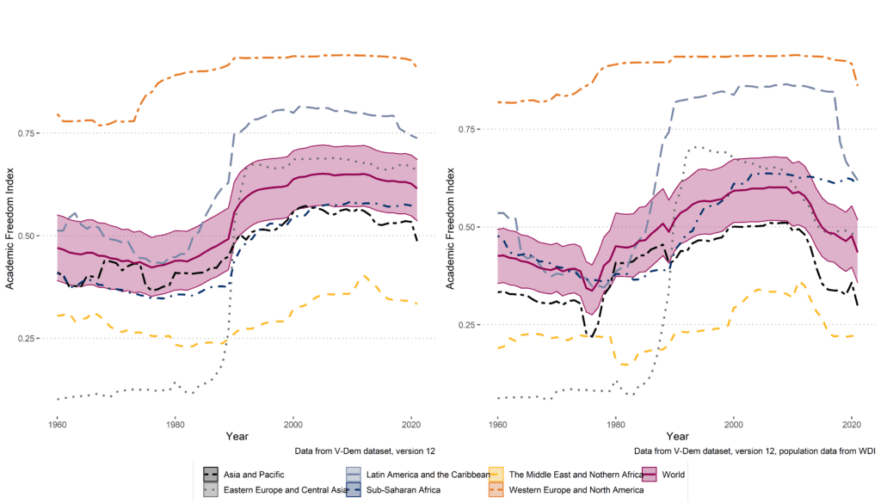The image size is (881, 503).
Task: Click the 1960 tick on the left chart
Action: click(58, 424)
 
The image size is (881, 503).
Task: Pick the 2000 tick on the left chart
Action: click(293, 424)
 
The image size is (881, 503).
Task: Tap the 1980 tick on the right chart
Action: click(616, 424)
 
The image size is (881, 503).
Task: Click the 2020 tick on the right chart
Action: click(852, 424)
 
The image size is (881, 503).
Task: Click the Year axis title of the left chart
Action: click(237, 437)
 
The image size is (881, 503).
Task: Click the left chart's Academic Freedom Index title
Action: click(10, 236)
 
